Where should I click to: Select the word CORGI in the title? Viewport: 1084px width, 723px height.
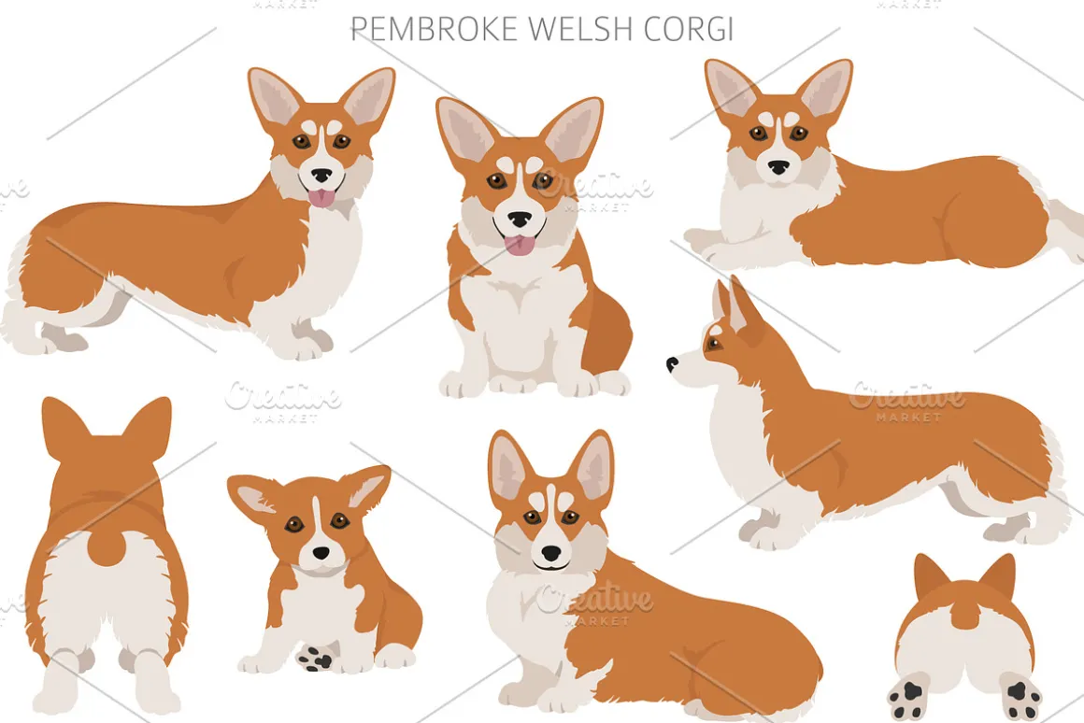689,29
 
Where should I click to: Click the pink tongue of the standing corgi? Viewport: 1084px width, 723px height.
321,198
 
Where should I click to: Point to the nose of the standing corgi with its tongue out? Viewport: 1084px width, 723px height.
321,175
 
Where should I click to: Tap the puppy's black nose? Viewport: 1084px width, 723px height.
321,553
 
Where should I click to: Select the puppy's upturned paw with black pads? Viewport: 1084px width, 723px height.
316,658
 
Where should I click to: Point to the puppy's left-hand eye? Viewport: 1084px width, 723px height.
294,526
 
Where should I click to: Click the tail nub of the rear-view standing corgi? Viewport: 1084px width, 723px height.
107,544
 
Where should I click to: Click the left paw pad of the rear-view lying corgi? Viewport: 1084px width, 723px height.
907,698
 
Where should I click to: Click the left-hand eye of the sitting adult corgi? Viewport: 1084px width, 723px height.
496,182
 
